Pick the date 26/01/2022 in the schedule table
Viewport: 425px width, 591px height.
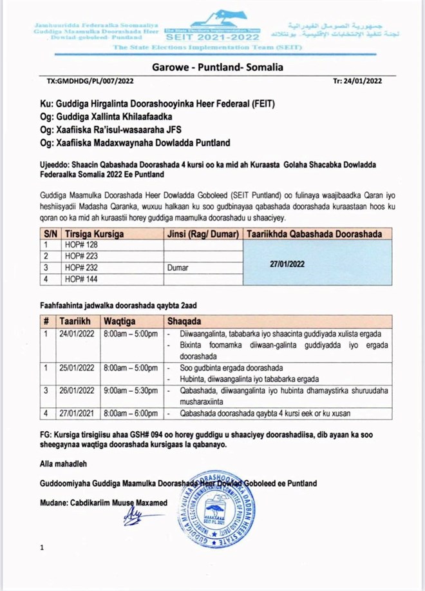pyautogui.click(x=77, y=391)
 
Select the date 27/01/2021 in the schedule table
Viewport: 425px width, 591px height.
pyautogui.click(x=77, y=412)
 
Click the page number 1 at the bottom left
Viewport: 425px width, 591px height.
pyautogui.click(x=42, y=548)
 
